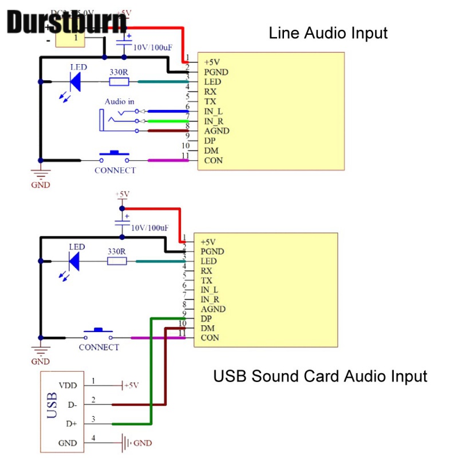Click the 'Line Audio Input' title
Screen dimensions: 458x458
(328, 33)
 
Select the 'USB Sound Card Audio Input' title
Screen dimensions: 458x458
(320, 376)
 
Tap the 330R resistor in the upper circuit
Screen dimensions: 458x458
(119, 82)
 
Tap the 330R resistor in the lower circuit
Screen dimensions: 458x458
(117, 261)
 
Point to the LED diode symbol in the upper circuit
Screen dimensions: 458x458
(75, 82)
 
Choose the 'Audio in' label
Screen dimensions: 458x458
(119, 101)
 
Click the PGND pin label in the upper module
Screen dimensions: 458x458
(216, 72)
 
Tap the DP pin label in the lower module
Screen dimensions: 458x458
(207, 318)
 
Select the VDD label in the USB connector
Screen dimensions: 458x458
(68, 385)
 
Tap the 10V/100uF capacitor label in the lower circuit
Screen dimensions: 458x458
(150, 227)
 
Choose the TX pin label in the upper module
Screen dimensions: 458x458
(210, 101)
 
